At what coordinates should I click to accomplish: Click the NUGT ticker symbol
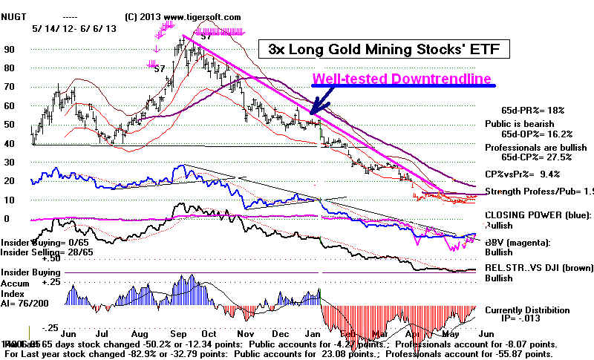click(15, 16)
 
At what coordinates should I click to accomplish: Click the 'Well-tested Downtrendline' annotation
click(402, 79)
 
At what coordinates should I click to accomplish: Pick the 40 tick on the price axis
click(9, 143)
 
